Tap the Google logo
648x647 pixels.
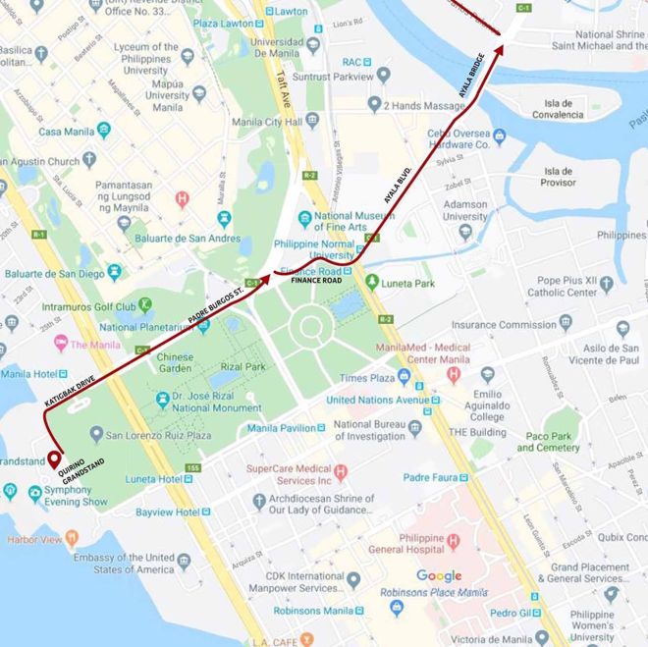[439, 575]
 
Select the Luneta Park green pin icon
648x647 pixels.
[372, 282]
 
